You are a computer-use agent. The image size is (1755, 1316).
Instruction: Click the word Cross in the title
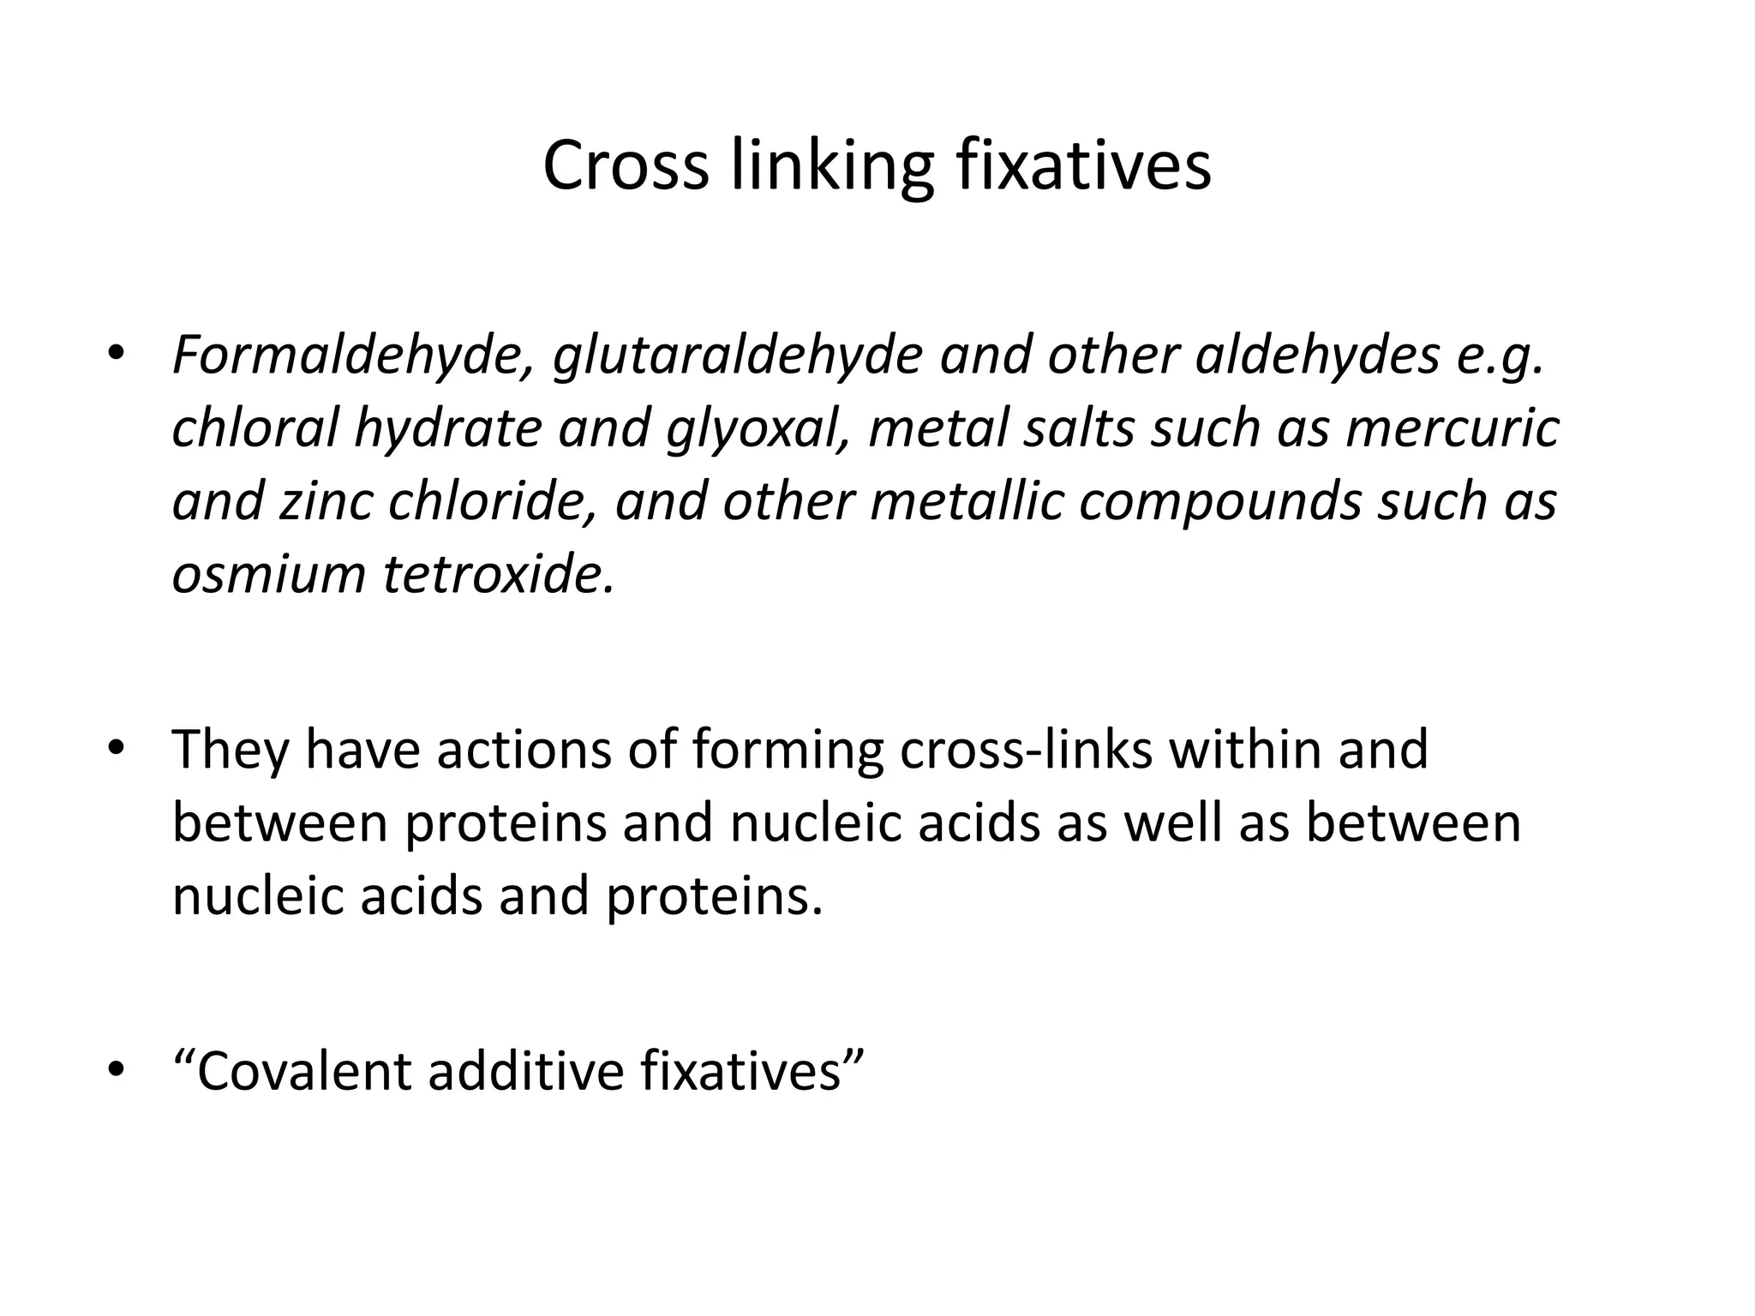point(626,165)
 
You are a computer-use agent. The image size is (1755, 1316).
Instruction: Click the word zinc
point(326,501)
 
